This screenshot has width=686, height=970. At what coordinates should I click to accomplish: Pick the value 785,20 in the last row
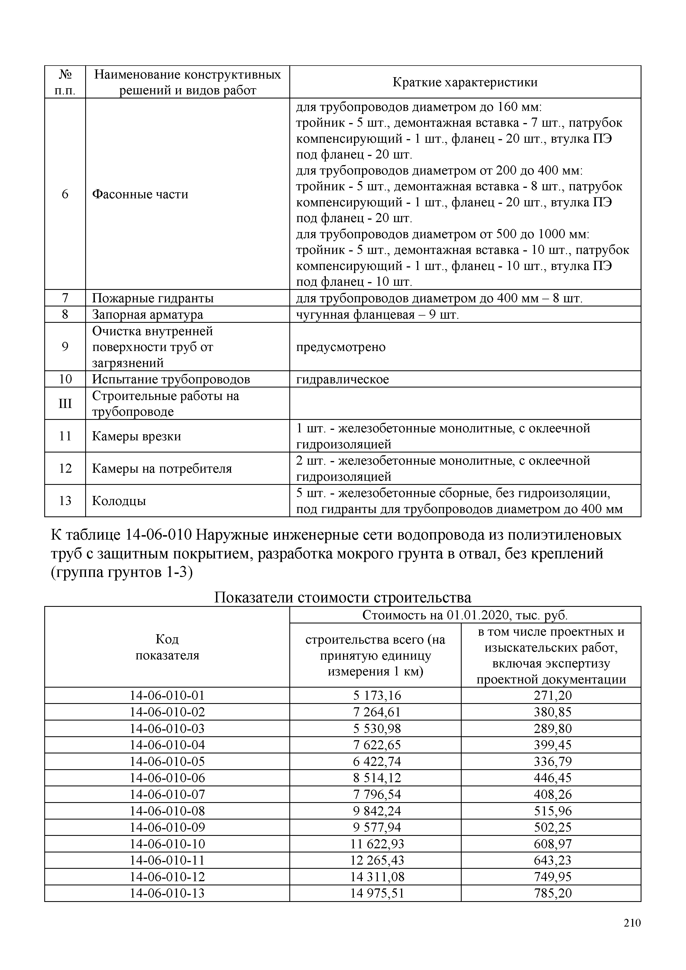552,893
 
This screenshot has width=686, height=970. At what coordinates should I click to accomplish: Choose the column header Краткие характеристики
465,82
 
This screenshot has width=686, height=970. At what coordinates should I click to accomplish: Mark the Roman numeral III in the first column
65,404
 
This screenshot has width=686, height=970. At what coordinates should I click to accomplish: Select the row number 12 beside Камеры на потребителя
65,469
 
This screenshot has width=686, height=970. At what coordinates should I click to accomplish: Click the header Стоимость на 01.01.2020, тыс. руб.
465,615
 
